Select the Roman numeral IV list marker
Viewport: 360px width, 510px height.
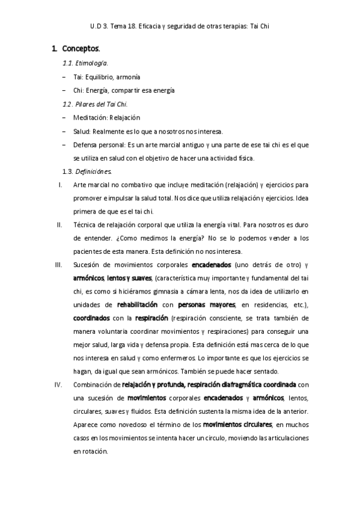pyautogui.click(x=59, y=384)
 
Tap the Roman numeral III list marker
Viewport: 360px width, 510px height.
pyautogui.click(x=59, y=265)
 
